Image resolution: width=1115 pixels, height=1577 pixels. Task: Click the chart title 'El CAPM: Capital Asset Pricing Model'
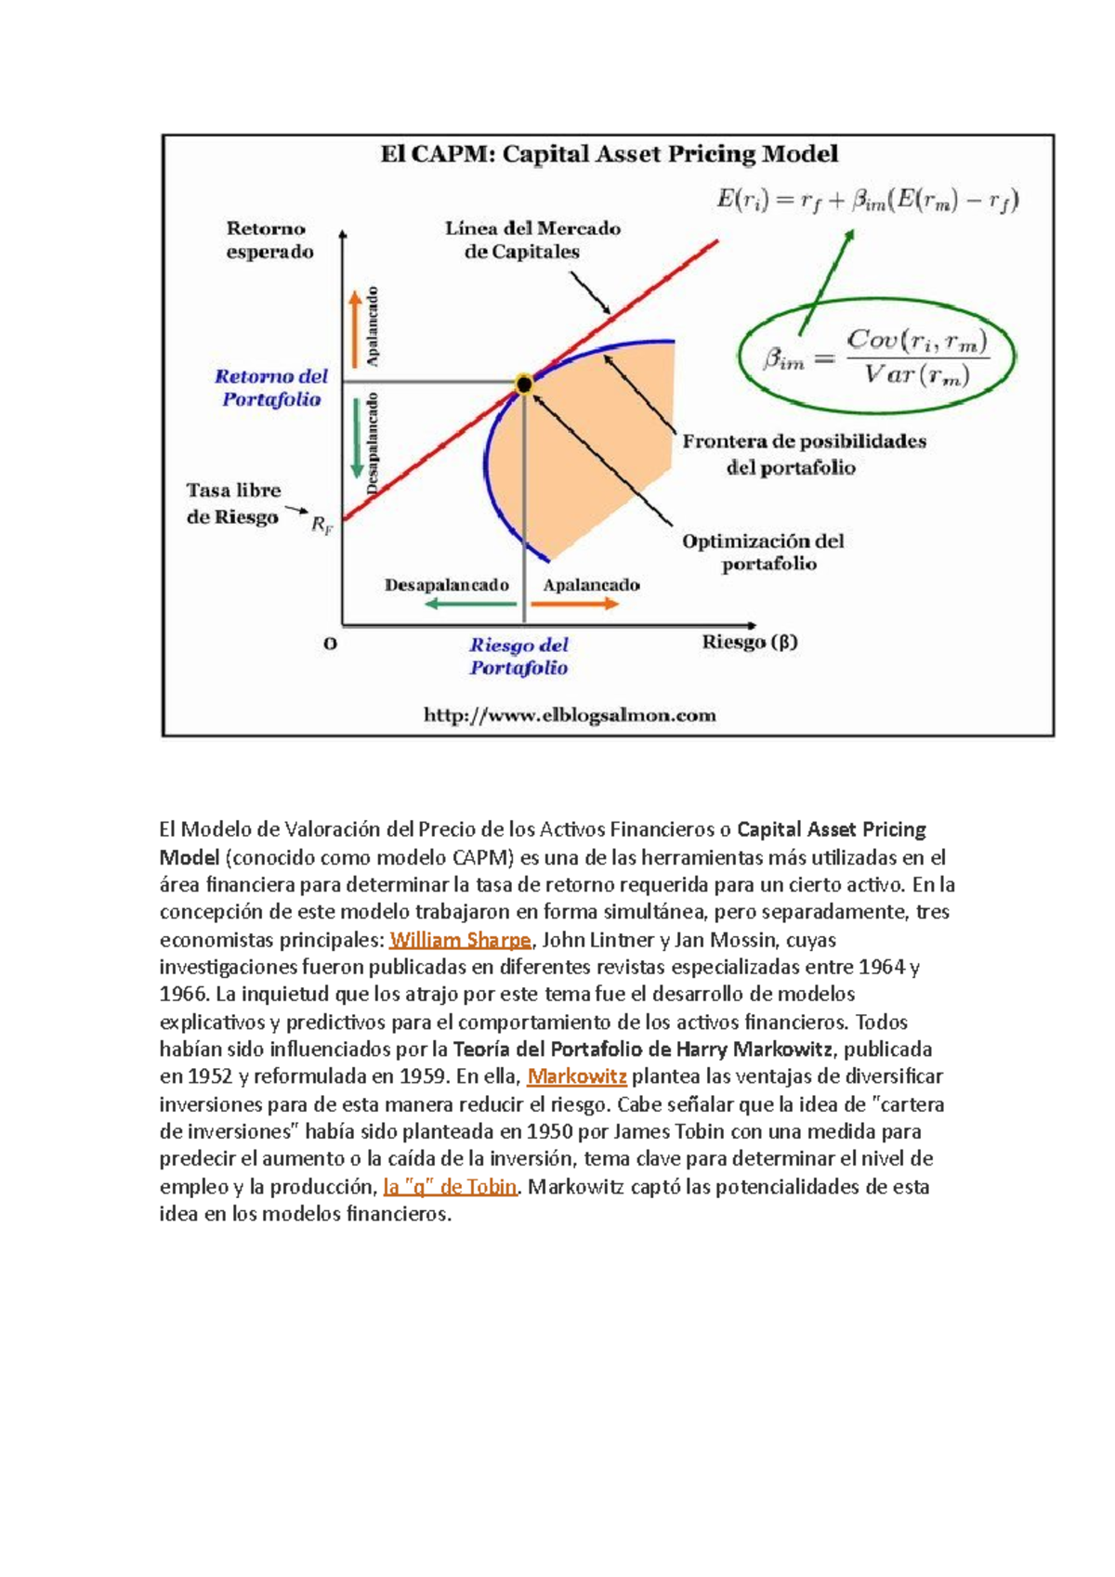coord(609,154)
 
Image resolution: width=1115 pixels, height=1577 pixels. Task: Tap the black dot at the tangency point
coord(524,384)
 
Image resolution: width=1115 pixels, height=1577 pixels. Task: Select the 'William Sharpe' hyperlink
coord(460,940)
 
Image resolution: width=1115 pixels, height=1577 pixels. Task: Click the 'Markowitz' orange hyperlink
coord(577,1077)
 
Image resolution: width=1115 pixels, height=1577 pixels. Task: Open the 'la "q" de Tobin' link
coord(450,1187)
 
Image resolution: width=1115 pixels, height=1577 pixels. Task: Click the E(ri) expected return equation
coord(867,201)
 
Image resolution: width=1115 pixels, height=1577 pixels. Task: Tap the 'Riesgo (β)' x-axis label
coord(749,642)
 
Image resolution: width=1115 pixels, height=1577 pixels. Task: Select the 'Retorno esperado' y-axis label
coord(269,240)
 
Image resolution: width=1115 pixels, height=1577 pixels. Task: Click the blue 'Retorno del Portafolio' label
coord(270,388)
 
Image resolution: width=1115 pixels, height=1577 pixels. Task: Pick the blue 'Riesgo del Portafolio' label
coord(518,656)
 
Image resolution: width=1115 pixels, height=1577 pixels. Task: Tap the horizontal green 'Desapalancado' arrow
coord(470,604)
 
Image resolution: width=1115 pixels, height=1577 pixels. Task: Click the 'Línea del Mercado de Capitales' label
coord(532,240)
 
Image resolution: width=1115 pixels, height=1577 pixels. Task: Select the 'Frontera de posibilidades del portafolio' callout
coord(804,454)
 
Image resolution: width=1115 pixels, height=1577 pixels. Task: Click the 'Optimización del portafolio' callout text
coord(764,553)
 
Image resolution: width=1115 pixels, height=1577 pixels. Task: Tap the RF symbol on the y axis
coord(321,526)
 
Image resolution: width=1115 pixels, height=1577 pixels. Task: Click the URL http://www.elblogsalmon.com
coord(570,715)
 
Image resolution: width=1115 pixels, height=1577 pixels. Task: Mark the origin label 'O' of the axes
coord(330,644)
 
